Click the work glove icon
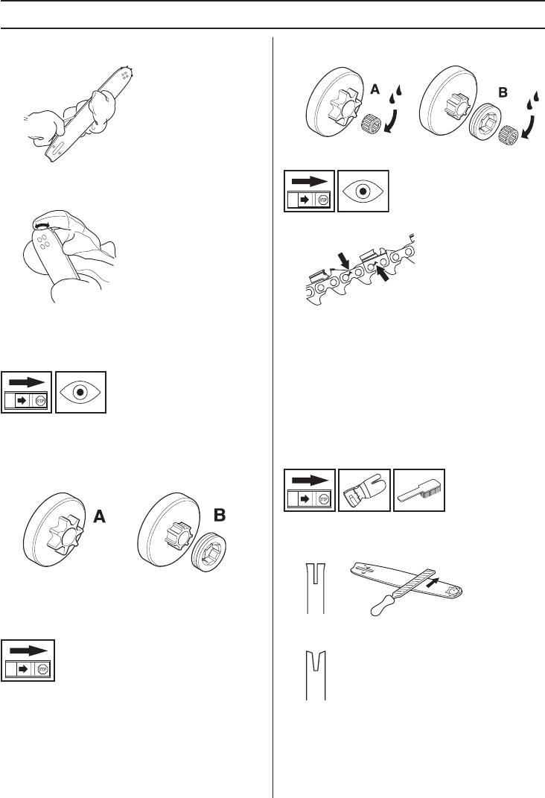point(364,490)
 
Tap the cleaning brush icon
point(419,490)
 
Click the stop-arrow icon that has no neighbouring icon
point(28,659)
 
